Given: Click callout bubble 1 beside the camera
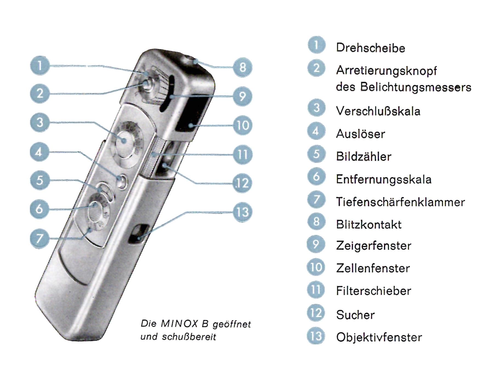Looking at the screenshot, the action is click(40, 66).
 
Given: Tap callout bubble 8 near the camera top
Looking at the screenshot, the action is click(243, 67).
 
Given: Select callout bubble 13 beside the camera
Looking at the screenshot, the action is click(242, 212).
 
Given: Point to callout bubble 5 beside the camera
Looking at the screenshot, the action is click(40, 180).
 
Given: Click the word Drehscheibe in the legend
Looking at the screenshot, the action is click(371, 48).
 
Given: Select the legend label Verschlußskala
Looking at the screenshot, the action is click(378, 111).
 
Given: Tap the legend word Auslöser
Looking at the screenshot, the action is click(360, 134).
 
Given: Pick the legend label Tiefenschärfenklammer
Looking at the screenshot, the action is click(400, 202).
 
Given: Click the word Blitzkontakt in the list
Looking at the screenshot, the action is click(369, 225).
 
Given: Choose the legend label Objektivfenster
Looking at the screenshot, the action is click(379, 337).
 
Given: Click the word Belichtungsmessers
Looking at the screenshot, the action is click(415, 87).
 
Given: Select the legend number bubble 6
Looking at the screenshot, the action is click(316, 177).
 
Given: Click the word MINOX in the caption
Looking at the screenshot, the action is click(179, 324).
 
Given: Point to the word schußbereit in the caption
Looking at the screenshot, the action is click(189, 337).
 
